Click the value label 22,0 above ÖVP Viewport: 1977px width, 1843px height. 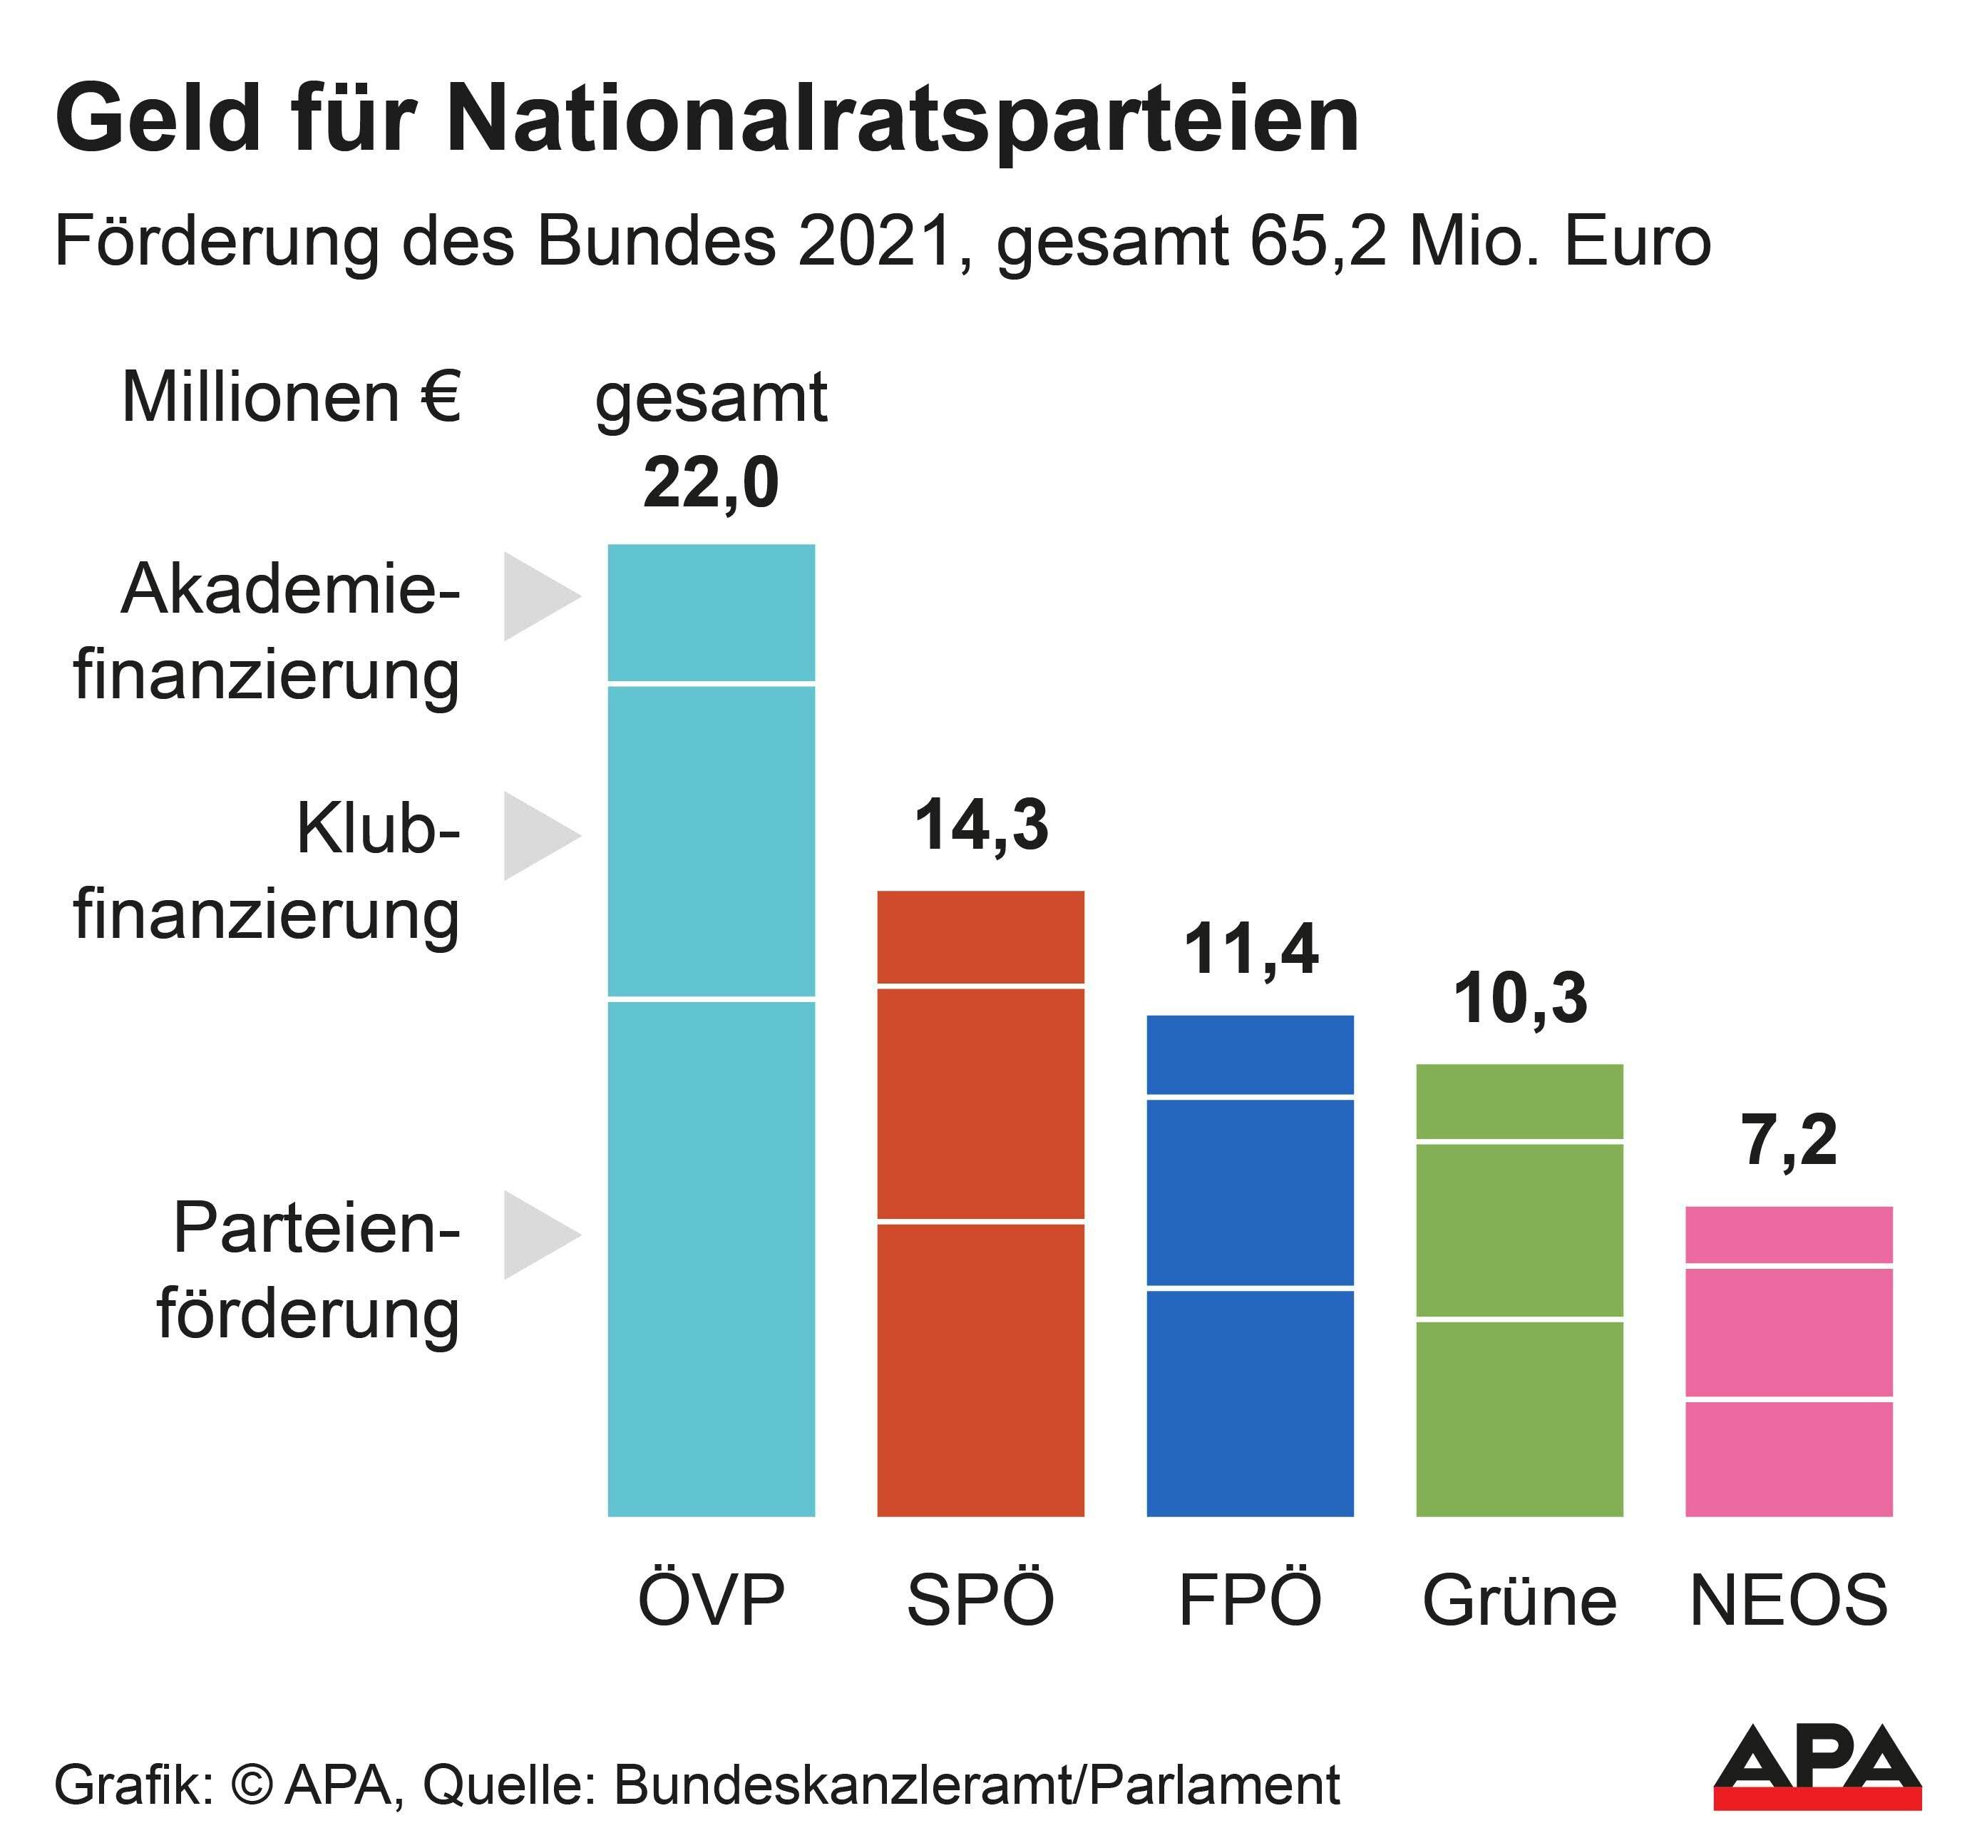pos(710,484)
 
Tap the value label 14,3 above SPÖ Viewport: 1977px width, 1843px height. pos(980,825)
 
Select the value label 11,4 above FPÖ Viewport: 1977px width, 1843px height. pos(1250,950)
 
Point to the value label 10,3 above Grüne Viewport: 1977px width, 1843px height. pos(1519,999)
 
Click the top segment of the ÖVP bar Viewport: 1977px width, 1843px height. pos(710,612)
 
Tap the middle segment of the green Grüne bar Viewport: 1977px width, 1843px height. pos(1519,1230)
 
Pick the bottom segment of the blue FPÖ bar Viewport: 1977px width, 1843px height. pos(1250,1402)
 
